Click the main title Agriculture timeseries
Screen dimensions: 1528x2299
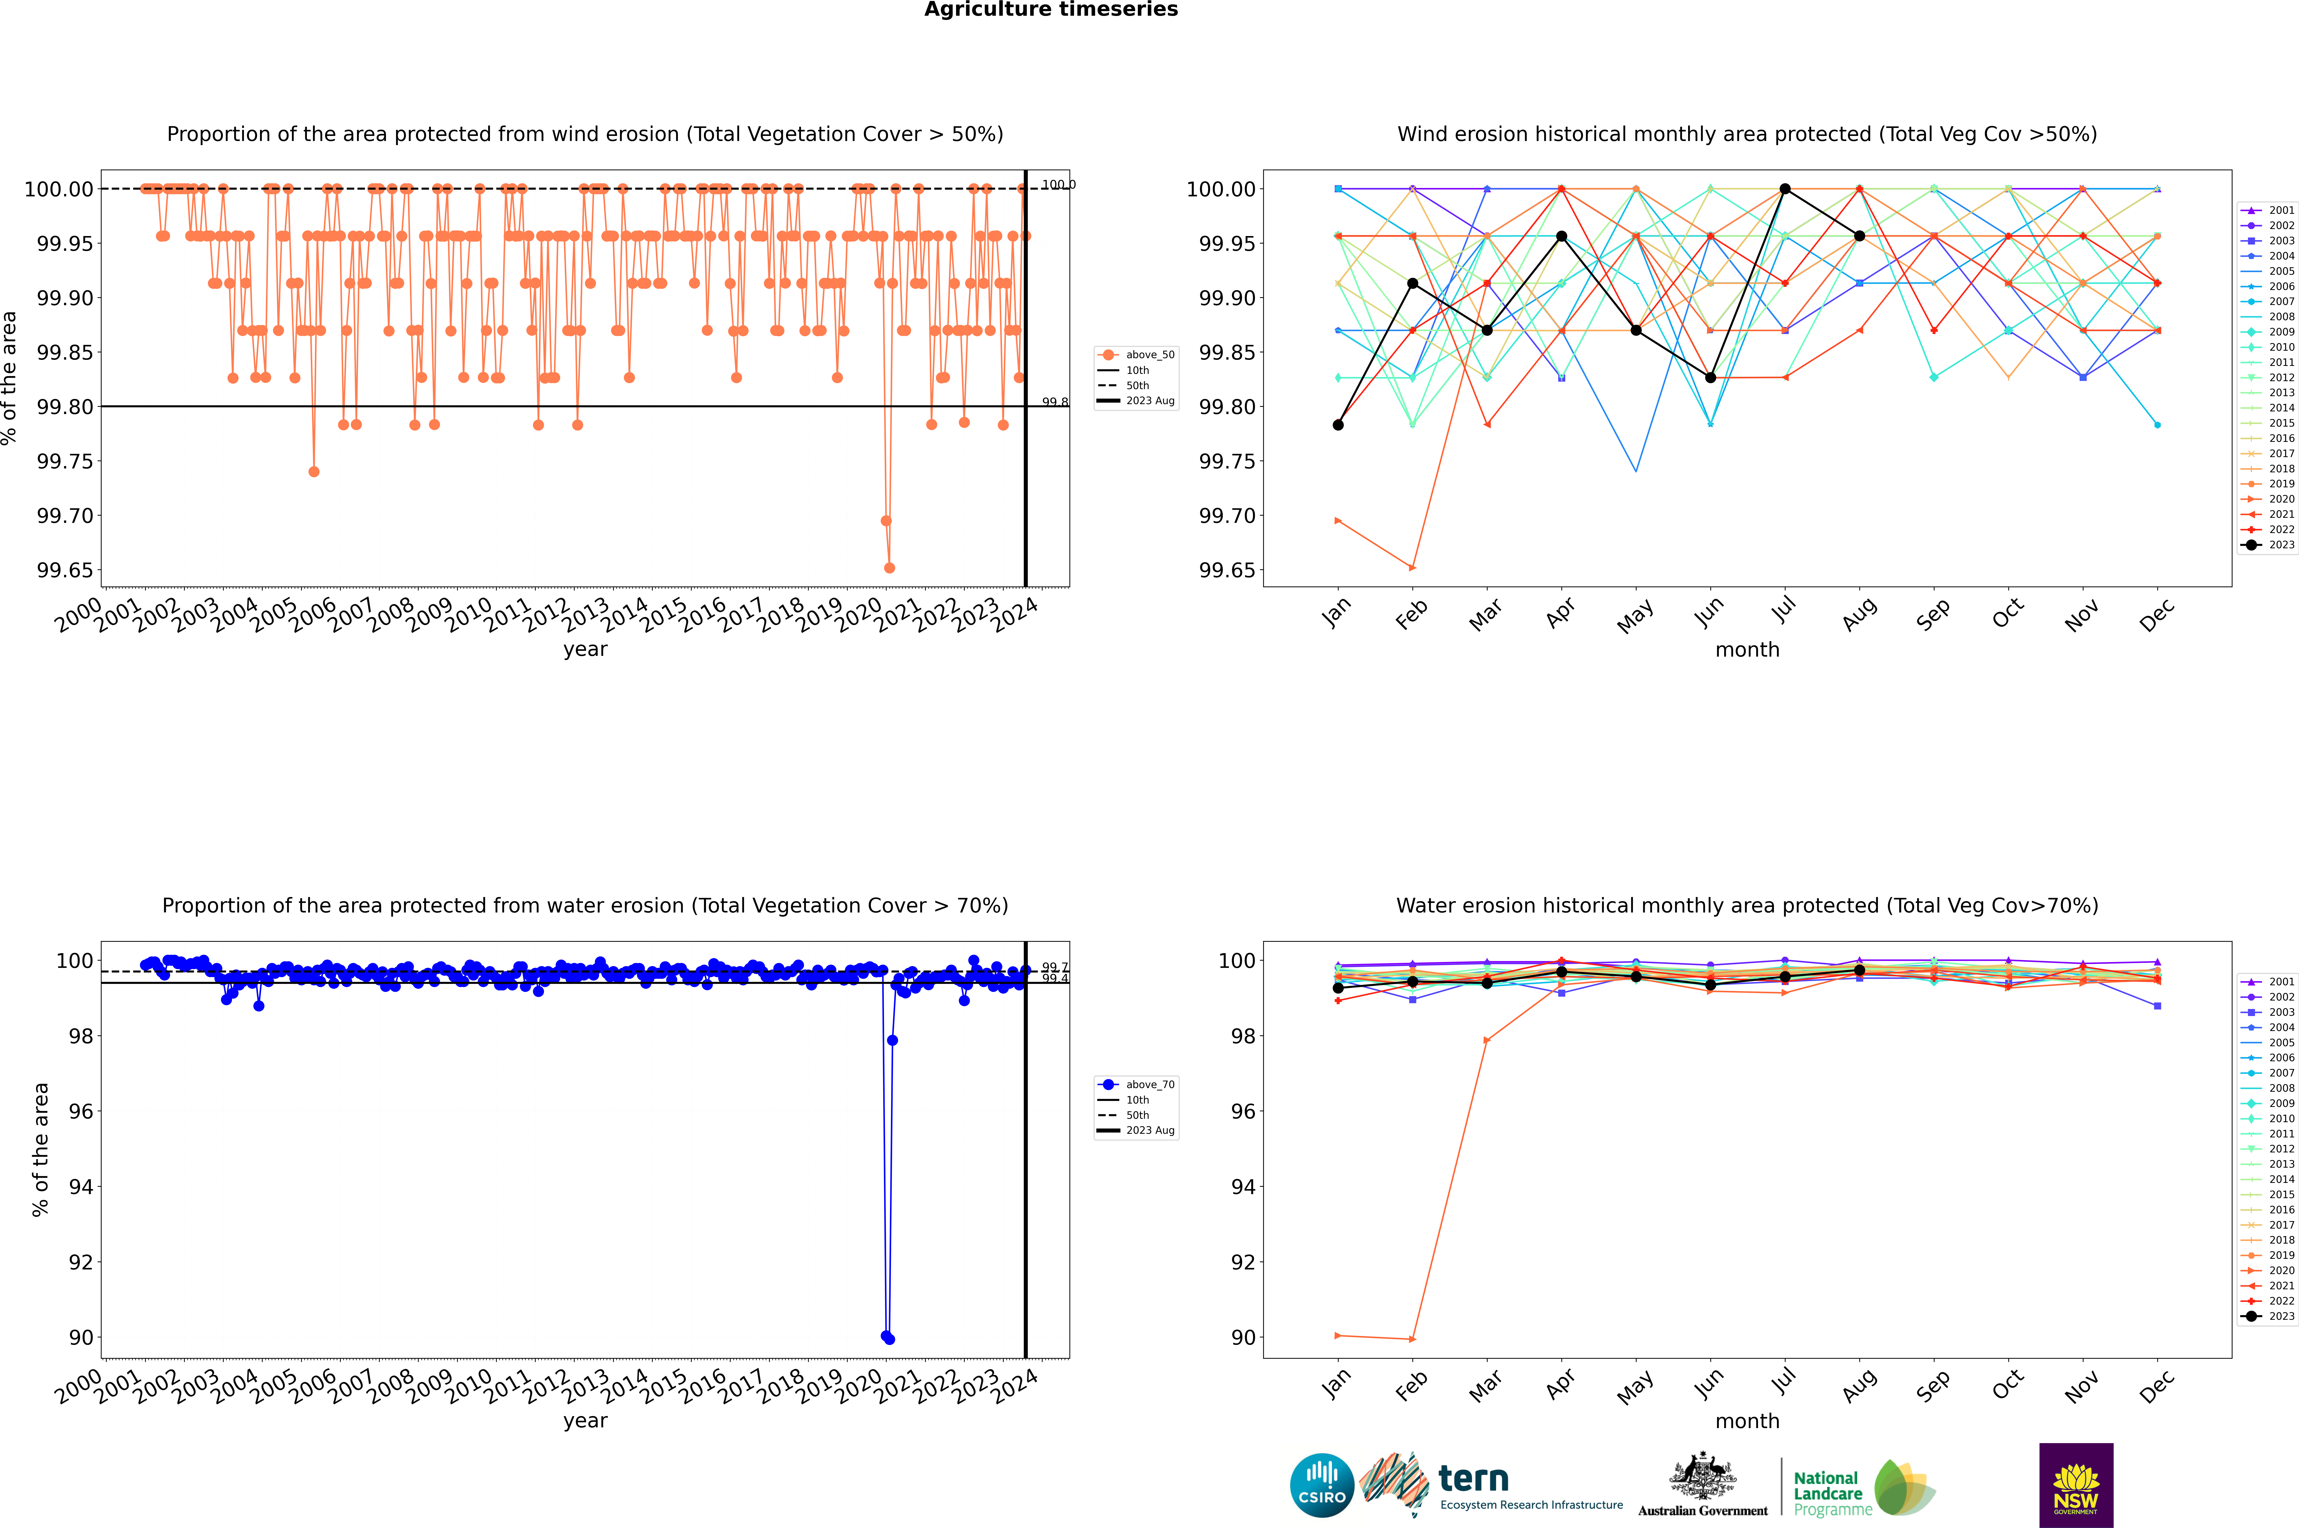(x=1051, y=10)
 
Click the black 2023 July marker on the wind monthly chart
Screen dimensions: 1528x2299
(x=1784, y=189)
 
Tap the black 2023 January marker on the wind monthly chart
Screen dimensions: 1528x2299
(x=1338, y=425)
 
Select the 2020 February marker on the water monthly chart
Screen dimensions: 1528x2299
(x=1412, y=1339)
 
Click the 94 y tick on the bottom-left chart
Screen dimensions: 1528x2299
(x=80, y=1187)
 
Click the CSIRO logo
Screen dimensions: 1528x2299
(x=1321, y=1485)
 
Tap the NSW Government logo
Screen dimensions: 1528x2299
(x=2076, y=1485)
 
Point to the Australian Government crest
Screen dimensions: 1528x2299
(x=1702, y=1478)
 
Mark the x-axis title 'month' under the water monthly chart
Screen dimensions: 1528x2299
(x=1746, y=1421)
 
